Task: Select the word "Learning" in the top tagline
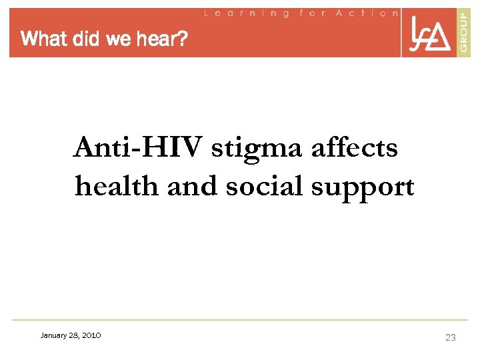pyautogui.click(x=247, y=13)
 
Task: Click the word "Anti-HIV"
pyautogui.click(x=137, y=147)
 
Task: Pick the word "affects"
pyautogui.click(x=354, y=147)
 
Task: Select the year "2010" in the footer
pyautogui.click(x=91, y=335)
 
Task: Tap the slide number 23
pyautogui.click(x=451, y=337)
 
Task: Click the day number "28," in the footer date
pyautogui.click(x=75, y=335)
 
